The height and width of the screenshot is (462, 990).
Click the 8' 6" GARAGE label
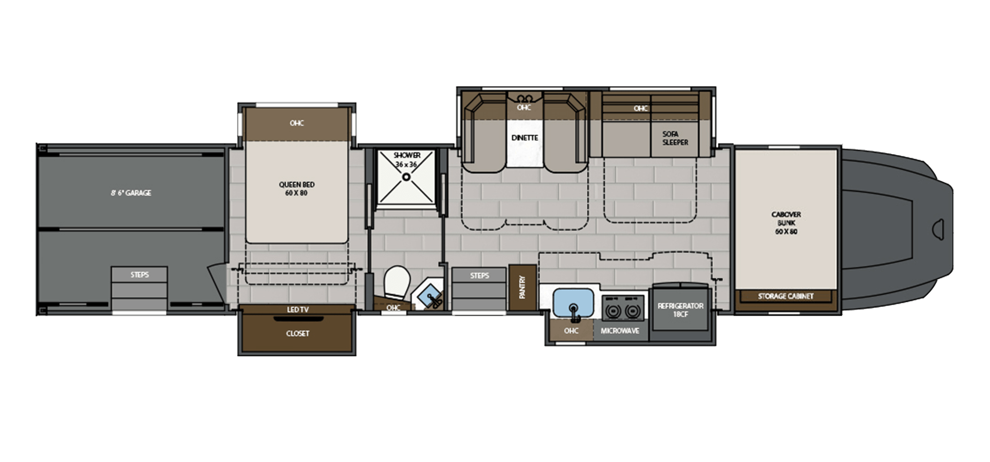(131, 193)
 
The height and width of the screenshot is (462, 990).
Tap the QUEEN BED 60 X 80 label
(297, 188)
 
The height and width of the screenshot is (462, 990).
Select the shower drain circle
(406, 177)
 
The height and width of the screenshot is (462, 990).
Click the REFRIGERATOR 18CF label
(680, 310)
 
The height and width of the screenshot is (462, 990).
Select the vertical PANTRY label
(522, 287)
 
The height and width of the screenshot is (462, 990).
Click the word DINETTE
(524, 138)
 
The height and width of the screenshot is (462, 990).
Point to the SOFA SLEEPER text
(675, 138)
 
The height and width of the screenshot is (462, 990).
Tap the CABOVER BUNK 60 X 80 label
(786, 223)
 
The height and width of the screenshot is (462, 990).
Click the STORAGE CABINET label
(786, 296)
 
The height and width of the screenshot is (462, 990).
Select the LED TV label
(297, 310)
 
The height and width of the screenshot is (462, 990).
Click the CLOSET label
(297, 333)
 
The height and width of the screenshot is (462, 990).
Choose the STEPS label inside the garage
(140, 275)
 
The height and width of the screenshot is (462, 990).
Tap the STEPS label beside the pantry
(479, 275)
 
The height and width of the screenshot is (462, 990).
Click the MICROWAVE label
(620, 330)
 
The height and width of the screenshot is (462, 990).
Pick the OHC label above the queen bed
(297, 123)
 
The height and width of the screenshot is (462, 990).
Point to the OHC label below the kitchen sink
(571, 330)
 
